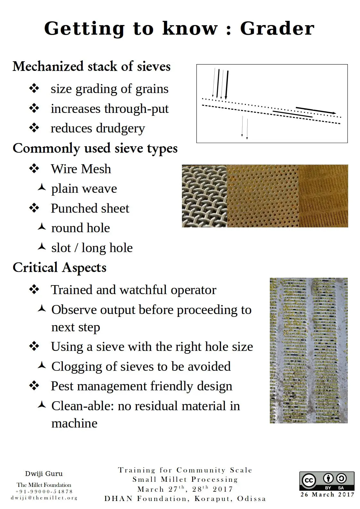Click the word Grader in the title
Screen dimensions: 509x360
(277, 29)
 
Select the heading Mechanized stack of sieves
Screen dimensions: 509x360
(91, 66)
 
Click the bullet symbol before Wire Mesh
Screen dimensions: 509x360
(34, 169)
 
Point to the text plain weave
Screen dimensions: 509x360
(84, 189)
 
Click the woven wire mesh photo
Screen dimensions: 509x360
(204, 196)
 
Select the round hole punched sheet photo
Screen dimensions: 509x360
(263, 196)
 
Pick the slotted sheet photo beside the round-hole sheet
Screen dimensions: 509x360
(323, 196)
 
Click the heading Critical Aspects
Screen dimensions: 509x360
(59, 267)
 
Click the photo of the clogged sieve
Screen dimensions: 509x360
(309, 350)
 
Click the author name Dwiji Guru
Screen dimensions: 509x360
(44, 474)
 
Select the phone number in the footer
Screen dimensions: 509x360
(44, 491)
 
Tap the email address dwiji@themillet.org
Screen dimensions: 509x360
(44, 498)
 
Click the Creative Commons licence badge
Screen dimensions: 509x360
(327, 481)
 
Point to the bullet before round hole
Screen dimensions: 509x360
(42, 227)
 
